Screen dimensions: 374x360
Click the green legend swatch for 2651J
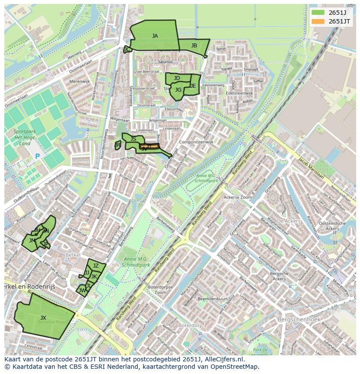pos(318,13)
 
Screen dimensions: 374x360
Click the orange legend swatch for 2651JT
pos(318,21)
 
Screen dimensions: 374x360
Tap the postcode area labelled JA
pos(155,36)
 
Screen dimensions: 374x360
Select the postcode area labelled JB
pos(194,46)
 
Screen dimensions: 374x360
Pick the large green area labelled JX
pos(43,318)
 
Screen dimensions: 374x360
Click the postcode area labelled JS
pos(133,139)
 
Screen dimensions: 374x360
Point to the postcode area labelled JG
pos(178,90)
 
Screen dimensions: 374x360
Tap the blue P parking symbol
pos(37,156)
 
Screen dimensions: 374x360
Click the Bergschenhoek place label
pos(301,320)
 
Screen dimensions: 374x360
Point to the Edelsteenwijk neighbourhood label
pos(239,93)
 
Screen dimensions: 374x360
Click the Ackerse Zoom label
pos(237,197)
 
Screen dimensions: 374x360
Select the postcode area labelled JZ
pos(96,266)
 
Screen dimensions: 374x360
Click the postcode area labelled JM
pos(32,240)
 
